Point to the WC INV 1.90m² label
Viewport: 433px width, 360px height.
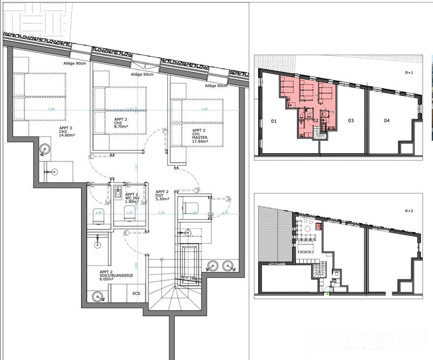133,198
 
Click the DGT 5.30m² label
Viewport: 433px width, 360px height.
162,195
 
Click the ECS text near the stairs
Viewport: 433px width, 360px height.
136,293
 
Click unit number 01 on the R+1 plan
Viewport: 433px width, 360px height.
273,121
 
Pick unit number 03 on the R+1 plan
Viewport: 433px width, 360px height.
351,121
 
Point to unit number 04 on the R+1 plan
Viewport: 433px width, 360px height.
386,121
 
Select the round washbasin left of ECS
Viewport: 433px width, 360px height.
98,297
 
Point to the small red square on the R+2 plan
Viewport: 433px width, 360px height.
319,227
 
